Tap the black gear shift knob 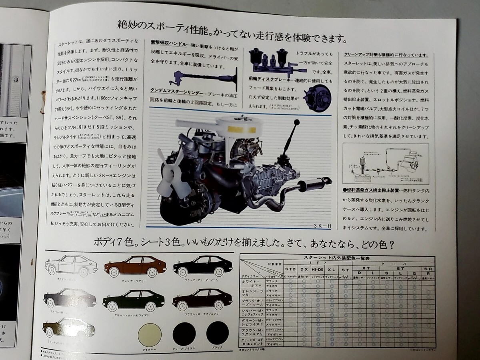coord(296,122)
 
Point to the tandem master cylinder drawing coord(270,60)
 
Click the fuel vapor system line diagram coord(385,164)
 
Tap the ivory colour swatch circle coord(149,334)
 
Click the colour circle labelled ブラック coord(218,333)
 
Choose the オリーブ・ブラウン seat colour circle coord(184,334)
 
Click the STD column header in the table coord(290,269)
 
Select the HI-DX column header coord(318,269)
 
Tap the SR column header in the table coord(428,269)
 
